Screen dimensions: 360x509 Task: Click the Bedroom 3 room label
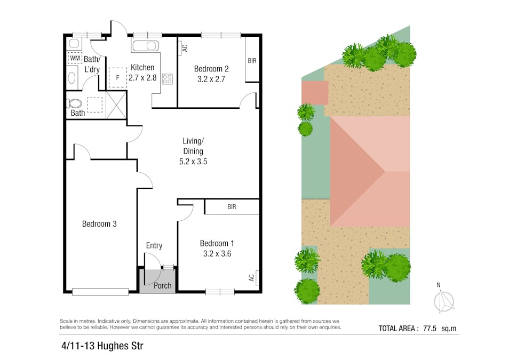[x=99, y=224]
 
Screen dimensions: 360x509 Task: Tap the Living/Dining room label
[x=193, y=151]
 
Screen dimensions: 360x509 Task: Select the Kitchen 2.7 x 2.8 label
[x=142, y=73]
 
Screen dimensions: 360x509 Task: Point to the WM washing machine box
[x=75, y=57]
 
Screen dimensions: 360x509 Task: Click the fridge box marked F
[x=117, y=77]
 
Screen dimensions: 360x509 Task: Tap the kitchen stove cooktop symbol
[x=167, y=79]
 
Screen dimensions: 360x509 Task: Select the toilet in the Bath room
[x=75, y=103]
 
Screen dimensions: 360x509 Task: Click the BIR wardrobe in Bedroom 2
[x=252, y=61]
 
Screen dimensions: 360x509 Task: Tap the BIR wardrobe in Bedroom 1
[x=232, y=207]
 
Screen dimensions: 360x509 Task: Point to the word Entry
[x=154, y=245]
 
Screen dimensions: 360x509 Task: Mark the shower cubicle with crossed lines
[x=116, y=104]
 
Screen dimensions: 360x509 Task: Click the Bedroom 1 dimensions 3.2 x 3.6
[x=216, y=254]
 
